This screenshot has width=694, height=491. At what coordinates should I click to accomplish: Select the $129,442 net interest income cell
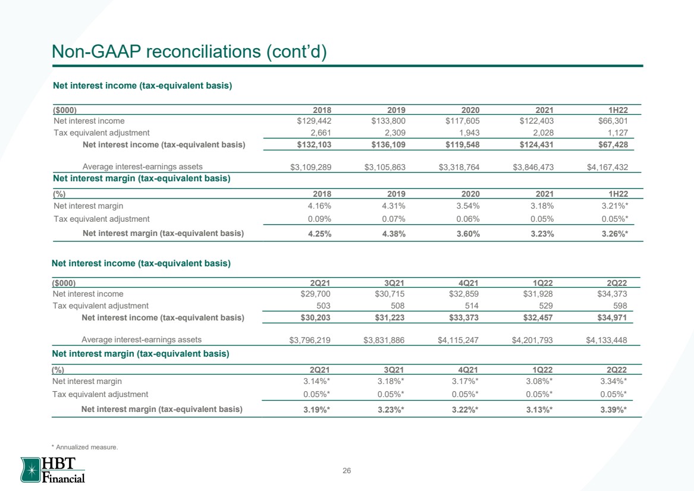pos(314,121)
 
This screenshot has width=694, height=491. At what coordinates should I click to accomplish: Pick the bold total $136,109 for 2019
pos(388,144)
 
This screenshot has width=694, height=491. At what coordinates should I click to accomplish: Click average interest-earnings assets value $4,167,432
pos(607,167)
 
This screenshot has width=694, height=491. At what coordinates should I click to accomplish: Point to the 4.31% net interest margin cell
pos(394,206)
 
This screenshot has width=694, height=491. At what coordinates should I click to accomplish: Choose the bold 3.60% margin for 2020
pos(468,234)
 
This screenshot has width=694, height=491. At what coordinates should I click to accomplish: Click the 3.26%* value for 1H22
pos(615,234)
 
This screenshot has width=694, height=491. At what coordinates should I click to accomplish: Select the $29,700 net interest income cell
pos(315,294)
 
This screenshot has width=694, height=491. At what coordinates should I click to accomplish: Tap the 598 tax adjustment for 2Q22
pos(620,306)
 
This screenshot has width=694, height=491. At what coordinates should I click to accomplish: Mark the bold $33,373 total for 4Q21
pos(464,317)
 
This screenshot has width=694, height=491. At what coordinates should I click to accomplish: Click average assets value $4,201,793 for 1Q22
pos(532,340)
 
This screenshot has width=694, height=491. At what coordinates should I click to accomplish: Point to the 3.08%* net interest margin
pos(539,381)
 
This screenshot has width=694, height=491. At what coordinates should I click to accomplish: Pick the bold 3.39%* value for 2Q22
pos(614,410)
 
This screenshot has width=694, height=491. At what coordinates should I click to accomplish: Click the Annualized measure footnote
pos(85,447)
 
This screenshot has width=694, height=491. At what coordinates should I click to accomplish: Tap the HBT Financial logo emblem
pos(31,470)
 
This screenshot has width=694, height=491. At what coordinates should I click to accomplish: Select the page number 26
pos(347,471)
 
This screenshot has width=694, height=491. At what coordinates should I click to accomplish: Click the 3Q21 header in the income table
pos(394,283)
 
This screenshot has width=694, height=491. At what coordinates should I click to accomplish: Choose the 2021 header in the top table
pos(544,110)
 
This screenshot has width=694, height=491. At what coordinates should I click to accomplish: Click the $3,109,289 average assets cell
pos(310,167)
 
